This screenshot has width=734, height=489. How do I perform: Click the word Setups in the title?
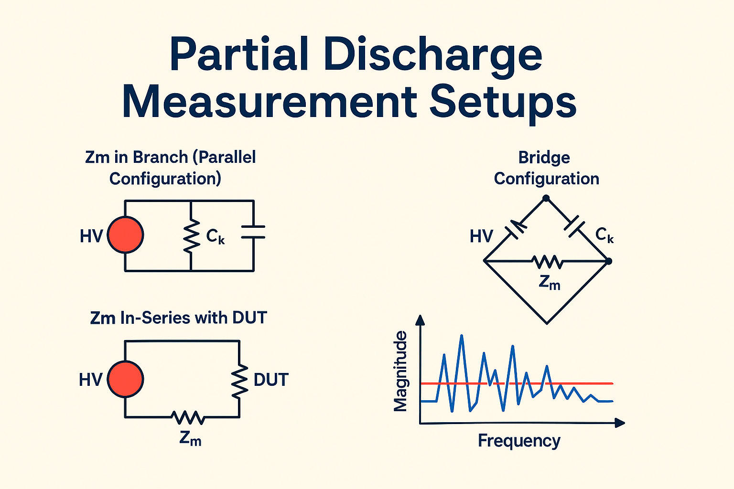[503, 102]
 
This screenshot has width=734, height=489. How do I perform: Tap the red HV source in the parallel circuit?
[125, 235]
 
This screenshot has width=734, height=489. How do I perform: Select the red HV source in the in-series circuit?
[125, 379]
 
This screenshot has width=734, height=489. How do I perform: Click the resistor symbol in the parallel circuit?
[191, 236]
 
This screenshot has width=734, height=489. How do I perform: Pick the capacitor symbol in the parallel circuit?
[253, 231]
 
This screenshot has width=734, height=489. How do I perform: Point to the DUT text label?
[271, 380]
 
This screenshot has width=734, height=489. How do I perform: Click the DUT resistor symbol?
[239, 381]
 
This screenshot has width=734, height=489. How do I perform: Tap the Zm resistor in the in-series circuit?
[188, 417]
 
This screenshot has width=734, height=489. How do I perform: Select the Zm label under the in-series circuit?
[190, 438]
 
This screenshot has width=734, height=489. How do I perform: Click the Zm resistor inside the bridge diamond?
[548, 262]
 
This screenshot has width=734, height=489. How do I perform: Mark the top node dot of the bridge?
[546, 198]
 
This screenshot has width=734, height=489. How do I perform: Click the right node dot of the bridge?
[608, 261]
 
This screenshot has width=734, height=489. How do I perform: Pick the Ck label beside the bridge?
[604, 235]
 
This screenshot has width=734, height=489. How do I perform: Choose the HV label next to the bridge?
[481, 236]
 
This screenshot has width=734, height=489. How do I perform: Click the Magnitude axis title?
[400, 371]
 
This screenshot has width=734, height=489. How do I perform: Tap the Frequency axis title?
[519, 440]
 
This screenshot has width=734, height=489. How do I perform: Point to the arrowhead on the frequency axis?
[619, 423]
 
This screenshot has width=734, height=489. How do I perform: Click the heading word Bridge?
[544, 158]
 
